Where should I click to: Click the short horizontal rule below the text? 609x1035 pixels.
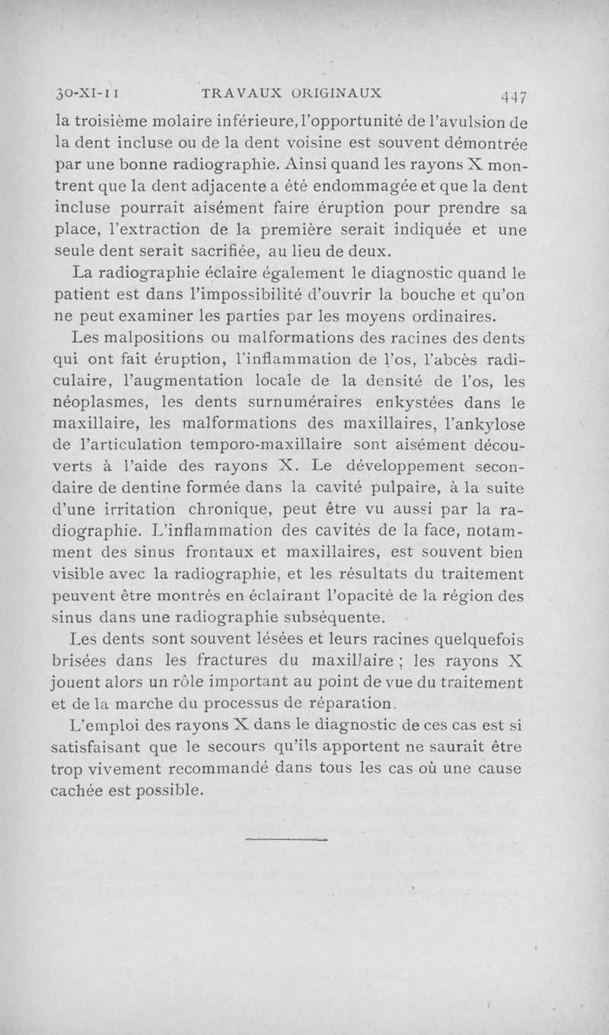tap(287, 840)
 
